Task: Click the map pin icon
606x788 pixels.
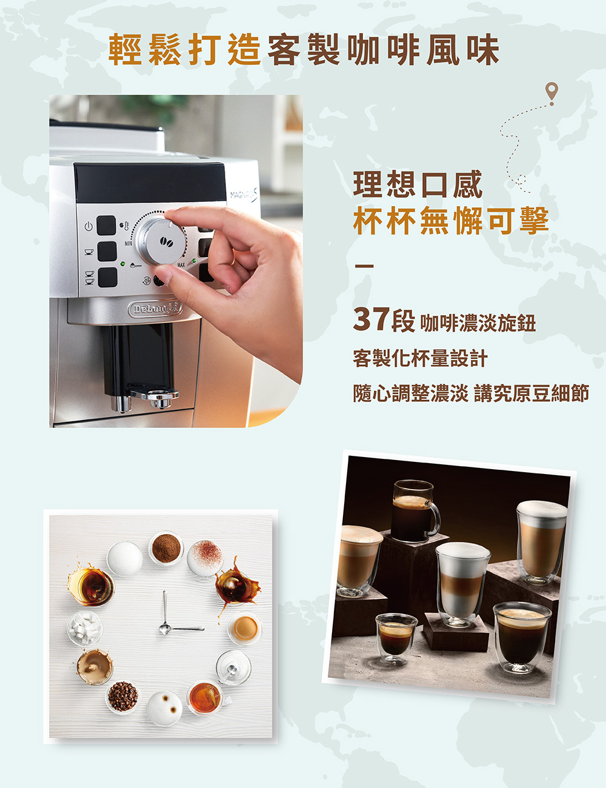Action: coord(551,93)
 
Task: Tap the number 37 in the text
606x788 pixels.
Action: coord(371,319)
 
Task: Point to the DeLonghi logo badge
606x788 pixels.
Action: coord(155,309)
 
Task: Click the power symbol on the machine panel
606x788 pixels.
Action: coord(89,227)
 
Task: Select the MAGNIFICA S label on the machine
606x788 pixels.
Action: coord(244,195)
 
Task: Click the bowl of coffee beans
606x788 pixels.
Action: coord(123,696)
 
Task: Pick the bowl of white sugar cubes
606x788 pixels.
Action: coord(85,629)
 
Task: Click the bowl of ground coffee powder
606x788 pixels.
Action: coord(166,548)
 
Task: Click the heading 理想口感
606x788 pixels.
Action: coord(418,184)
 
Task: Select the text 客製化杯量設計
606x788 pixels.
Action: coord(420,358)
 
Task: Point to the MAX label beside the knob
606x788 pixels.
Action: coord(181,265)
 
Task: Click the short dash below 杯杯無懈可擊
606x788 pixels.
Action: coord(364,266)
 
